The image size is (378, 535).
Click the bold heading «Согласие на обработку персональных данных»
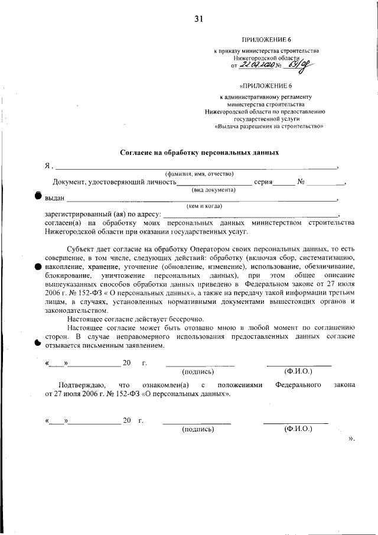point(199,153)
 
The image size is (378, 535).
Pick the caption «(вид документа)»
point(213,190)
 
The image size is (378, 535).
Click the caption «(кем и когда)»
point(204,206)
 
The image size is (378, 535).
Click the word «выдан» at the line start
point(54,199)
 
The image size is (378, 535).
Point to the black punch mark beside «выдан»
point(38,196)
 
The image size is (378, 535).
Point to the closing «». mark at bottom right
point(351,439)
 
